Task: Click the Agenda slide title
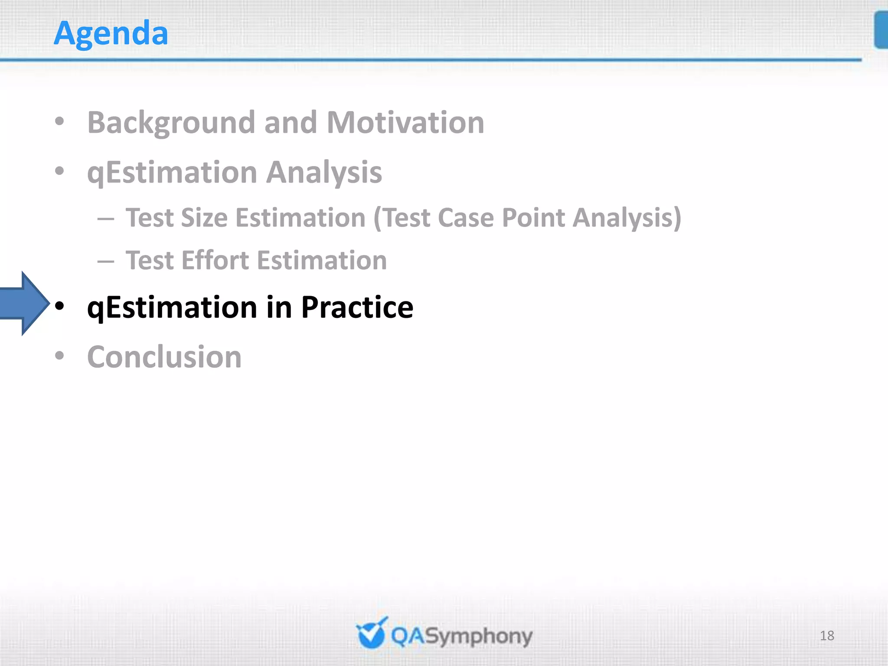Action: (x=111, y=34)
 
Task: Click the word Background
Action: (x=171, y=123)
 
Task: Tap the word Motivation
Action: (x=405, y=123)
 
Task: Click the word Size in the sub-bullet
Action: (x=204, y=218)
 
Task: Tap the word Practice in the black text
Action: (x=357, y=307)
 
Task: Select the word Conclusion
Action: (x=164, y=357)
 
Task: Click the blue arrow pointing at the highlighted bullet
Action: (x=24, y=304)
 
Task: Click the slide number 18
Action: (x=827, y=636)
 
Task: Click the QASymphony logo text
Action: (x=461, y=637)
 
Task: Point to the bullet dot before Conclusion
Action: (x=59, y=356)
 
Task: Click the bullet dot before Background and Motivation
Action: (x=59, y=122)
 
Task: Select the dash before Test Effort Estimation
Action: (x=106, y=261)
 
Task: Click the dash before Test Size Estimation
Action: (x=106, y=219)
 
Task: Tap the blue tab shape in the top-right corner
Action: (x=881, y=30)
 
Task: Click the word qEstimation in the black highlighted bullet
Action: (x=173, y=307)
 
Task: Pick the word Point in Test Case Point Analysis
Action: (x=533, y=218)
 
